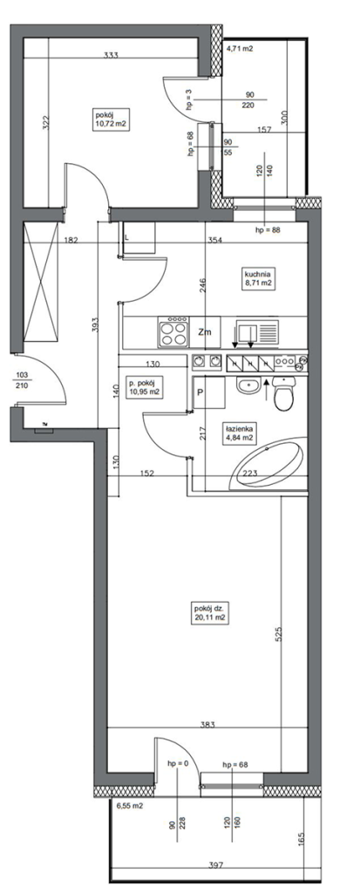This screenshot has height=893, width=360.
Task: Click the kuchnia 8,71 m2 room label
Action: tap(255, 276)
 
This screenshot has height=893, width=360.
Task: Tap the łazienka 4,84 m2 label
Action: tap(239, 433)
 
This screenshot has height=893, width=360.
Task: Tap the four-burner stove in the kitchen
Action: tap(173, 331)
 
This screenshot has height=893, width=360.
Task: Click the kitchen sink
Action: tap(257, 331)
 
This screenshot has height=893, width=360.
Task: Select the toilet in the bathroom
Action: tap(283, 393)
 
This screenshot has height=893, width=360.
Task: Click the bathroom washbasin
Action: tap(248, 385)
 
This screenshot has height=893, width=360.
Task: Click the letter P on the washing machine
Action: tap(200, 392)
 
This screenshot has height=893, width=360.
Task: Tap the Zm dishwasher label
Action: tap(204, 333)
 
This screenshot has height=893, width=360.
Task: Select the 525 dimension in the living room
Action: tap(279, 636)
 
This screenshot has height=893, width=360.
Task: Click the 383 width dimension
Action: tap(208, 725)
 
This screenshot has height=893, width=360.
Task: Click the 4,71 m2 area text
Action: tap(240, 49)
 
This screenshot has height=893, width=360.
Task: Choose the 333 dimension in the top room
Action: tap(111, 55)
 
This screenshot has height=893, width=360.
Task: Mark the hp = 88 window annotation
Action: tap(268, 230)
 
